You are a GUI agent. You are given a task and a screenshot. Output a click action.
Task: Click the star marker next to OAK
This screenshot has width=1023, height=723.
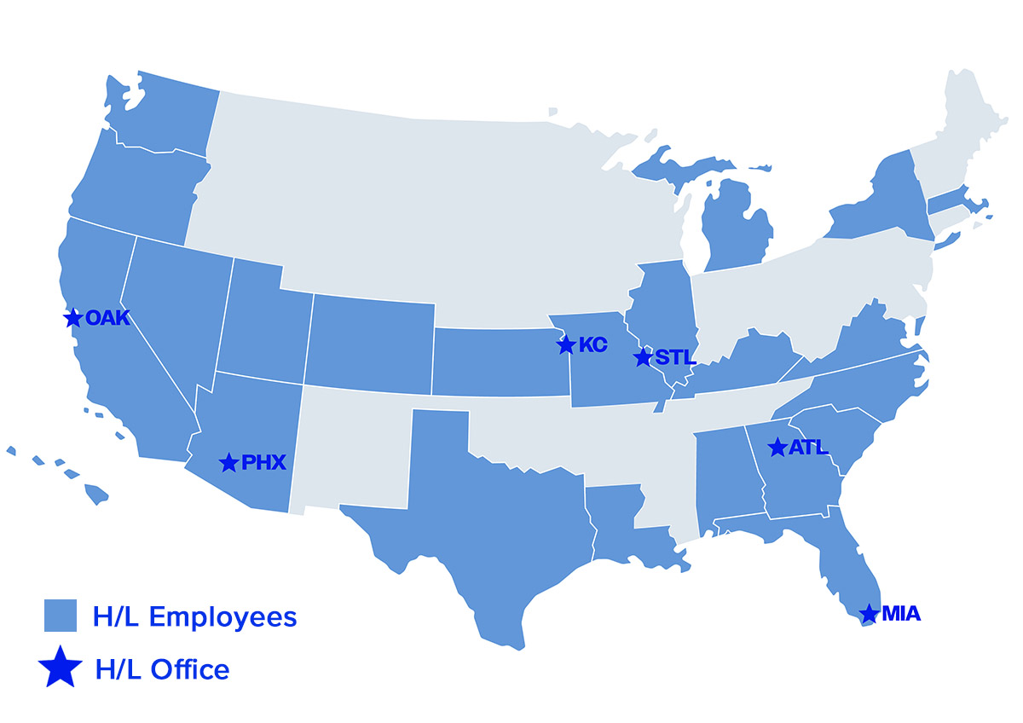pyautogui.click(x=73, y=318)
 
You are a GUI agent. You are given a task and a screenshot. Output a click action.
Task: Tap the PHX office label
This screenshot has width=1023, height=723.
pyautogui.click(x=263, y=463)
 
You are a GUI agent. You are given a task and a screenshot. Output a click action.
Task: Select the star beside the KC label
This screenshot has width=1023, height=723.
pyautogui.click(x=566, y=345)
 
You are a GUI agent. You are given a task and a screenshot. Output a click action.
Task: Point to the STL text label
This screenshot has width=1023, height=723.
pyautogui.click(x=676, y=358)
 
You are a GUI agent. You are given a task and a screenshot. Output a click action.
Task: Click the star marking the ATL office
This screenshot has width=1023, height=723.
pyautogui.click(x=777, y=448)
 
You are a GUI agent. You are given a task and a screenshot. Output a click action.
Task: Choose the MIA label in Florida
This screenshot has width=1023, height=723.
pyautogui.click(x=901, y=614)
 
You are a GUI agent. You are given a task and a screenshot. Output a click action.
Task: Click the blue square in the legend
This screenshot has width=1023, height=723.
pyautogui.click(x=61, y=616)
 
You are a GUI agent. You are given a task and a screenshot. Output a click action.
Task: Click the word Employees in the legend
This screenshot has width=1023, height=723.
pyautogui.click(x=223, y=616)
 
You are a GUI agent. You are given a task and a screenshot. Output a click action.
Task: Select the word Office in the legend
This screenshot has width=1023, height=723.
pyautogui.click(x=190, y=669)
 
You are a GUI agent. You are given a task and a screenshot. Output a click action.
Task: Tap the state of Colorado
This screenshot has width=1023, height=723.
pyautogui.click(x=371, y=341)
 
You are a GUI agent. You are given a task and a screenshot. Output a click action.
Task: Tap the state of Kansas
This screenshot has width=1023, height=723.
pyautogui.click(x=499, y=362)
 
